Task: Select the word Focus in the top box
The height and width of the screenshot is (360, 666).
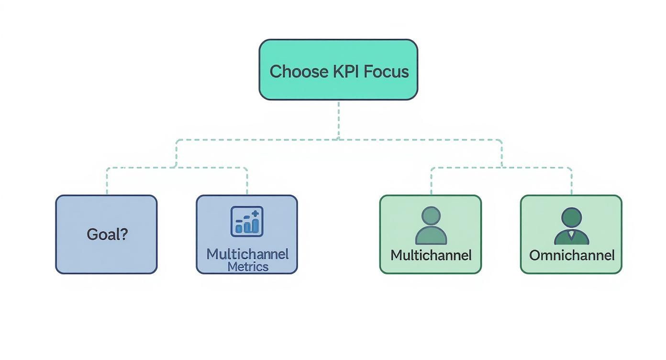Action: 386,72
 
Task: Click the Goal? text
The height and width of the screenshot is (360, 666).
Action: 107,235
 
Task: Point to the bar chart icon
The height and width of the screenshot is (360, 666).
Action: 247,222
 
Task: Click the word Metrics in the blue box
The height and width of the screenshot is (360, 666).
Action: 248,267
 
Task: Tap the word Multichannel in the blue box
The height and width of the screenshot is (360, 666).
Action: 247,254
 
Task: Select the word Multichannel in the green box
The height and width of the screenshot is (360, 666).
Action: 431,255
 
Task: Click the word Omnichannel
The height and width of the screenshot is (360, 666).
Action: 572,255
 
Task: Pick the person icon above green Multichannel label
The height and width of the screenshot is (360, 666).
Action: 431,225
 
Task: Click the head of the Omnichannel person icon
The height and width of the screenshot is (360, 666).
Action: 572,217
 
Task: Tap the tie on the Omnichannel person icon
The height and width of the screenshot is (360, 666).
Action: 572,234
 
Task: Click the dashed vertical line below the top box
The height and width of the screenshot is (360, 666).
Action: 339,120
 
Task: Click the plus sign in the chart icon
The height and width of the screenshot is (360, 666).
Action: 255,214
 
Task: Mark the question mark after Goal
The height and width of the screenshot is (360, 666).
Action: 124,235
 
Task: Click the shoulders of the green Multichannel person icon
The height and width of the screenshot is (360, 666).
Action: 431,236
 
